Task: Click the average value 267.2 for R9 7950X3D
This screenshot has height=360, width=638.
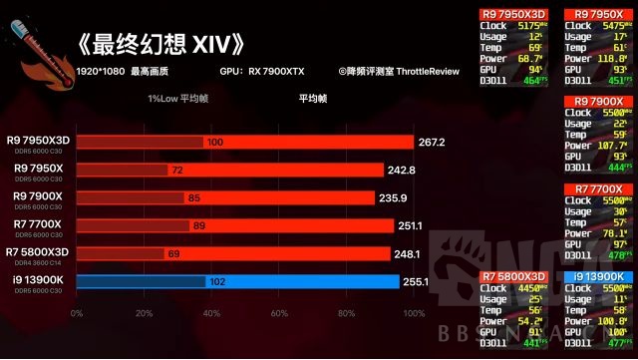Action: point(431,143)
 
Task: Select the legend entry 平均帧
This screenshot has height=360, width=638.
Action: point(312,99)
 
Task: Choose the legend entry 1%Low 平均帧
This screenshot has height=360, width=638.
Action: point(178,99)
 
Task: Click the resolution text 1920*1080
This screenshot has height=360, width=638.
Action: point(98,73)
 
